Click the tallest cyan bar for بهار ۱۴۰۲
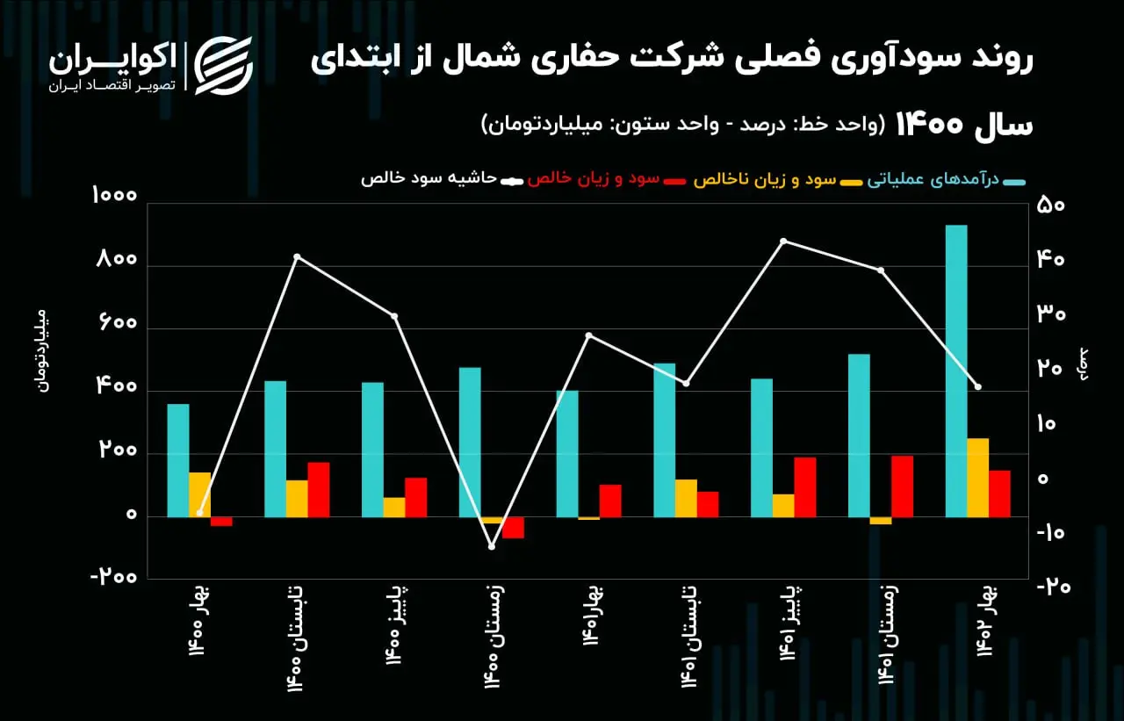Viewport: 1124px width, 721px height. (956, 371)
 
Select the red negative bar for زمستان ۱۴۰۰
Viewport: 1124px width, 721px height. (513, 527)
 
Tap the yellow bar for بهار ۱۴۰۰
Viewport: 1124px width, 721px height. (199, 494)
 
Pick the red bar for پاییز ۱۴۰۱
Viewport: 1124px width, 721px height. (805, 487)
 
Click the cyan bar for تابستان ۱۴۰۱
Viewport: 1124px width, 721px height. (665, 440)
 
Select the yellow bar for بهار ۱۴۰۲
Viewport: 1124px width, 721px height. (978, 477)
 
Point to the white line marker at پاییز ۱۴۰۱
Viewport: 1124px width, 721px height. (783, 241)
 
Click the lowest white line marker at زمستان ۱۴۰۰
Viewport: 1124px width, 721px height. (492, 546)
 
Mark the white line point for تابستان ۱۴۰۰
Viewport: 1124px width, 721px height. (297, 257)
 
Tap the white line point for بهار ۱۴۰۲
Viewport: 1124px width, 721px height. (977, 386)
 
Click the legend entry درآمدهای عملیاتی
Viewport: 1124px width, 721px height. (946, 179)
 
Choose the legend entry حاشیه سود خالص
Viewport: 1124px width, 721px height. (442, 179)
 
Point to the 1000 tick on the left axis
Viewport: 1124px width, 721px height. (114, 195)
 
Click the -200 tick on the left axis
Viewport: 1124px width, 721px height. (114, 577)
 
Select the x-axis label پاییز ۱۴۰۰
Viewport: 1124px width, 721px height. (395, 625)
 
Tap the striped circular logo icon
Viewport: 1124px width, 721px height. (223, 66)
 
